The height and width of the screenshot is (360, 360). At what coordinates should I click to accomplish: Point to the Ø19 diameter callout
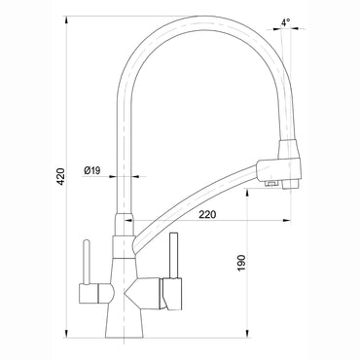94,170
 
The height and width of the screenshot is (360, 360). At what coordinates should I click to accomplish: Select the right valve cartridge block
170,290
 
